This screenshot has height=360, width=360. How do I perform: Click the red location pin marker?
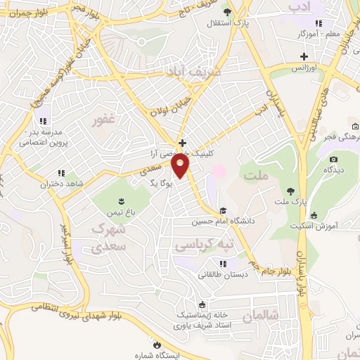(181, 166)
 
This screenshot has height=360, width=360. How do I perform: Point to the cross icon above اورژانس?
(304, 56)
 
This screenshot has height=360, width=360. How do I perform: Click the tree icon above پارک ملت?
(290, 191)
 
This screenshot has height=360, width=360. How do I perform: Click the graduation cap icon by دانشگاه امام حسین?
(222, 210)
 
